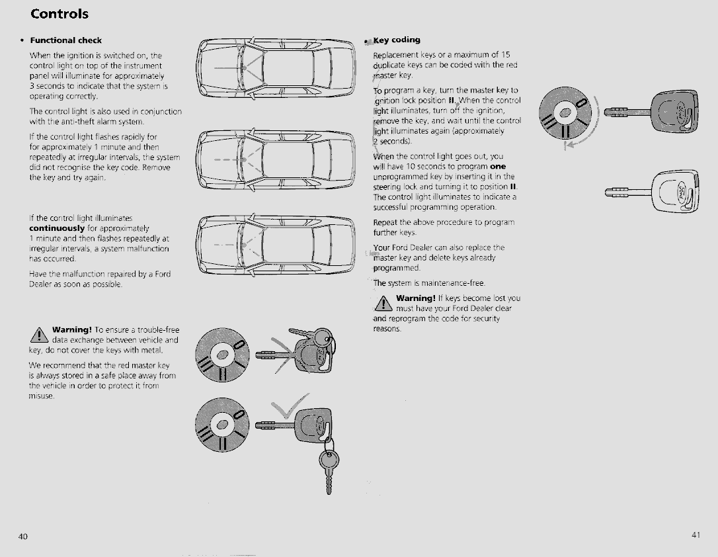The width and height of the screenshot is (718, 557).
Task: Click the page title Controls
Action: pyautogui.click(x=60, y=14)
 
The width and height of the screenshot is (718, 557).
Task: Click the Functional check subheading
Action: pyautogui.click(x=66, y=40)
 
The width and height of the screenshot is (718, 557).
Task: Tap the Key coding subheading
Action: pyautogui.click(x=397, y=40)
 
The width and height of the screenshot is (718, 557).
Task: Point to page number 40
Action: pyautogui.click(x=23, y=536)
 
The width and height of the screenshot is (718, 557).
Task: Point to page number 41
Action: pyautogui.click(x=696, y=535)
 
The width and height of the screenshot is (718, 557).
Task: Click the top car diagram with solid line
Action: pyautogui.click(x=276, y=67)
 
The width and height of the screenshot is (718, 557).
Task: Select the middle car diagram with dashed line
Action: pyautogui.click(x=276, y=159)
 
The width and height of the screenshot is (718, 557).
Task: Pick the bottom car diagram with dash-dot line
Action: pyautogui.click(x=276, y=244)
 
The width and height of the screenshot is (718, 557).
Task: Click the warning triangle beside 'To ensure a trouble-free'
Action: pyautogui.click(x=40, y=335)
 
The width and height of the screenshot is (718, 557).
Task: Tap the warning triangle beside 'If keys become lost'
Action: pyautogui.click(x=383, y=303)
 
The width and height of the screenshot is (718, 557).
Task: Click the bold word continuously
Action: pyautogui.click(x=57, y=228)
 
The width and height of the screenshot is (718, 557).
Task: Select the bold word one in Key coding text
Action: pyautogui.click(x=498, y=166)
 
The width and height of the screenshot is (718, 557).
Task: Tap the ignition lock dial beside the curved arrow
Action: pyautogui.click(x=565, y=112)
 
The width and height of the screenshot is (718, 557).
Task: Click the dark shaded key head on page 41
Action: pyautogui.click(x=674, y=112)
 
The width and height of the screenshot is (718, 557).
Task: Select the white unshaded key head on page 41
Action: pyautogui.click(x=675, y=191)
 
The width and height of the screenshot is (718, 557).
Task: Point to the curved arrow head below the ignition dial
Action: pyautogui.click(x=569, y=146)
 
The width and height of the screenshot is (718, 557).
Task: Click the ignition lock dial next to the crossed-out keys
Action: pyautogui.click(x=222, y=355)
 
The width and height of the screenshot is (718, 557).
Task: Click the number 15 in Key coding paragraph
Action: pyautogui.click(x=506, y=54)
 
